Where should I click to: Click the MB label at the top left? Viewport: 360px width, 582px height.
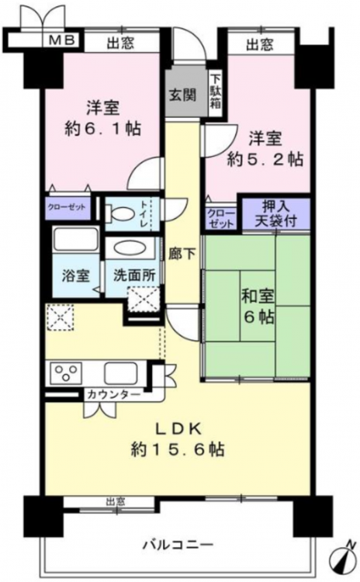62,40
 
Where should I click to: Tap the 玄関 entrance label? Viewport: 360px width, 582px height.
182,95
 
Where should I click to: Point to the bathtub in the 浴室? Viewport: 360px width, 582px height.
75,239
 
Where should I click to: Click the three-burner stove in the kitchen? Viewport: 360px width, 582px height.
66,372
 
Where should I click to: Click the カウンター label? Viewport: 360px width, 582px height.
113,395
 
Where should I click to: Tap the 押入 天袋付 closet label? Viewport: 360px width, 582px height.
275,214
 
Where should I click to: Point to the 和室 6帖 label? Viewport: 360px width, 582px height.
258,307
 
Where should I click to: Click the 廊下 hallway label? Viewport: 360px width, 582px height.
182,254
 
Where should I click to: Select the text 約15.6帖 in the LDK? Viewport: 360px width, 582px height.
178,450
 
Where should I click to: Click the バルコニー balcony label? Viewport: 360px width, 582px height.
178,546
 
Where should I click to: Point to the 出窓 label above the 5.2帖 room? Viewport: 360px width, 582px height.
260,45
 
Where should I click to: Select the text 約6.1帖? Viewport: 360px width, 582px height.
103,128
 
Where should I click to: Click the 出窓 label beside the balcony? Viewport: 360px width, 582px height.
116,502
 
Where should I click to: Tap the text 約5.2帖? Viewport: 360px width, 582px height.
265,159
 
